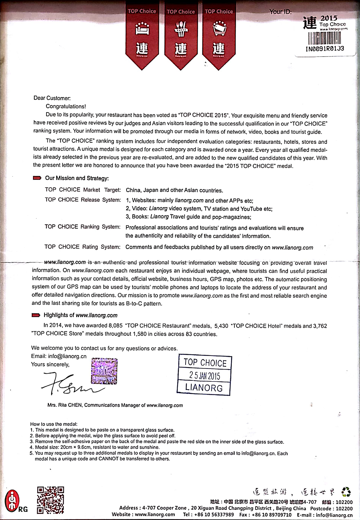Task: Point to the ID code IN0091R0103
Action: pyautogui.click(x=325, y=49)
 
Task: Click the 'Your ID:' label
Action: pyautogui.click(x=280, y=12)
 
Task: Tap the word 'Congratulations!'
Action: pyautogui.click(x=66, y=106)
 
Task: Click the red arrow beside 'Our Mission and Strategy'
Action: pyautogui.click(x=37, y=178)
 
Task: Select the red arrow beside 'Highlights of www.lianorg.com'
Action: pyautogui.click(x=36, y=315)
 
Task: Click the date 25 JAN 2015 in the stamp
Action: pyautogui.click(x=205, y=375)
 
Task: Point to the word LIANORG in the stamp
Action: pyautogui.click(x=204, y=388)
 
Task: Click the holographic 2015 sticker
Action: pyautogui.click(x=104, y=371)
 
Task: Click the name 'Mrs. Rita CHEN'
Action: pyautogui.click(x=64, y=405)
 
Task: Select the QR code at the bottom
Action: pyautogui.click(x=51, y=500)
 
